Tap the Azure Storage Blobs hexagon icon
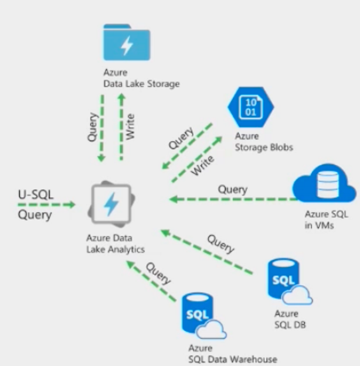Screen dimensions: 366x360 coord(250,110)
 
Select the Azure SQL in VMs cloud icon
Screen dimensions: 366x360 coord(324,184)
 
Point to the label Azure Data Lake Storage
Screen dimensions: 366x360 coord(141,79)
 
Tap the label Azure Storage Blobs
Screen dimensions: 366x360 coord(263,142)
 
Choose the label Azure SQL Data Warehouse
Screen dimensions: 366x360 coord(232,354)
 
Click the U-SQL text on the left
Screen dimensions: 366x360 coord(35,194)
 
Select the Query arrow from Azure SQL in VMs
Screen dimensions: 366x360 coord(235,200)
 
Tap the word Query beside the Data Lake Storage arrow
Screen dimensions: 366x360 coord(92,126)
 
